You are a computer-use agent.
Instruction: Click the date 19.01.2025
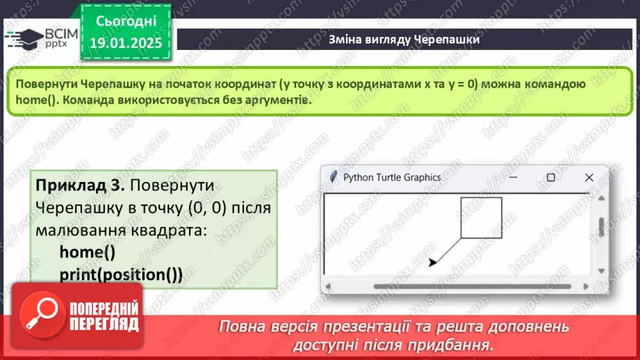pos(125,43)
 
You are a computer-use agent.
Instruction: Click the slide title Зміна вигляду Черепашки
pos(404,40)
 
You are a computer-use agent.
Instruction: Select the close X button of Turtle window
pos(589,177)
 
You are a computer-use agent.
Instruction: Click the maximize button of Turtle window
pos(551,177)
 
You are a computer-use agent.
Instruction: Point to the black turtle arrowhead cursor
pos(433,262)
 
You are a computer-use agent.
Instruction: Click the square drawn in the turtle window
pos(481,218)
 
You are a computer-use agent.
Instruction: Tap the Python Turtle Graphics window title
pos(392,177)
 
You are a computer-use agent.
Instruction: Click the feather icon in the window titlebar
pos(334,177)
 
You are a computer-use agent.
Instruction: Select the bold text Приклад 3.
pos(79,186)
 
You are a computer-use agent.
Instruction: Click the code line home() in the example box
pos(87,252)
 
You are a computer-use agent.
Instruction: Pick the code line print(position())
pos(120,274)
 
